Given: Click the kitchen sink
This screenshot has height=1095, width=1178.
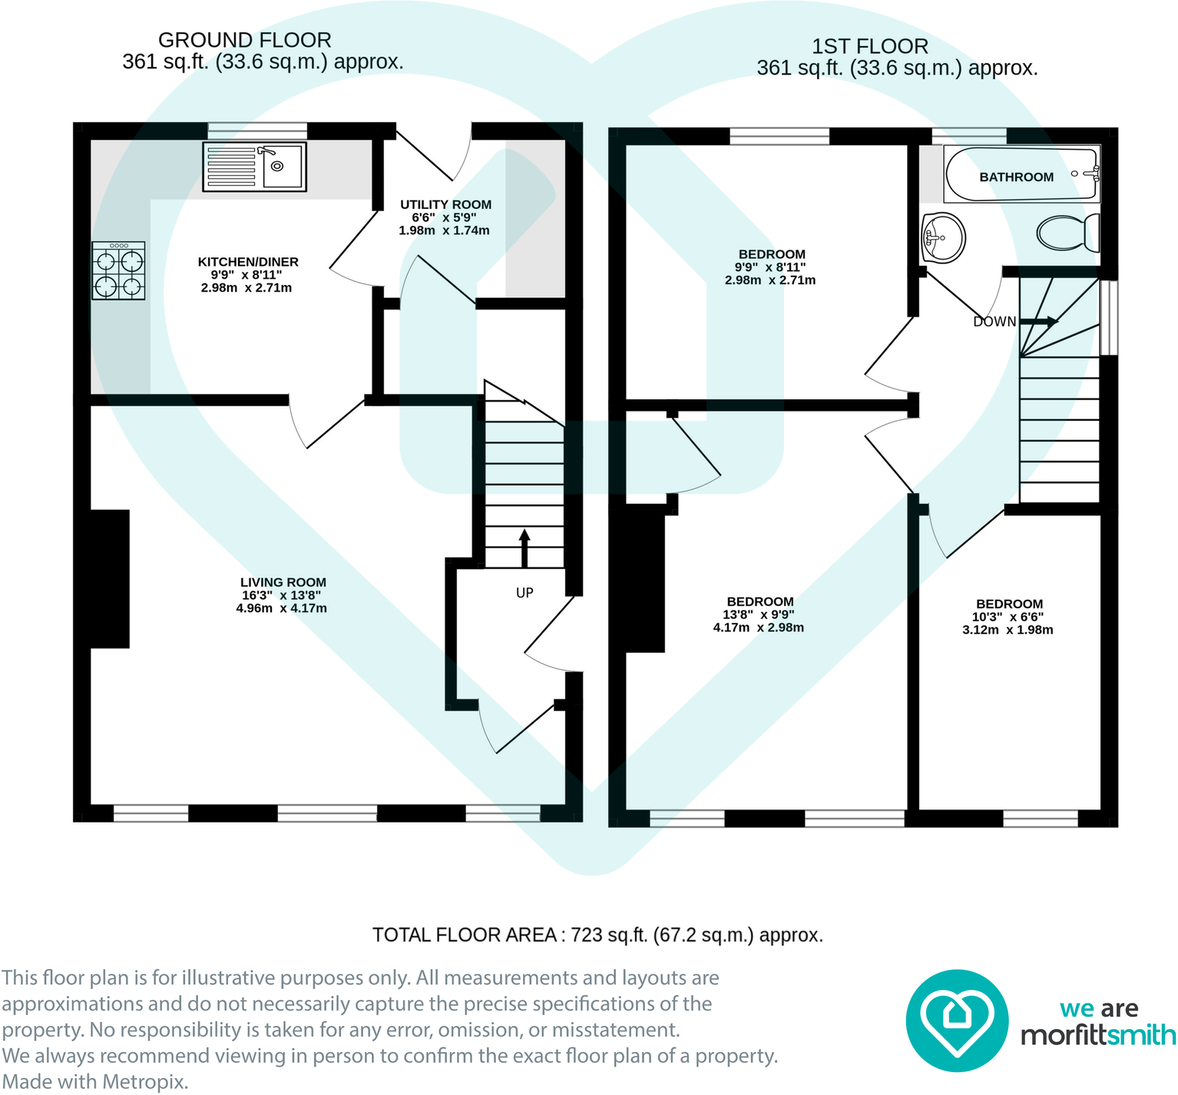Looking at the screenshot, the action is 255,167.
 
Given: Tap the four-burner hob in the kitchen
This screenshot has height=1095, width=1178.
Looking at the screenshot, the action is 119,271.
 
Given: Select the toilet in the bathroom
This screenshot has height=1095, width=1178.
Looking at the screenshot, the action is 1068,232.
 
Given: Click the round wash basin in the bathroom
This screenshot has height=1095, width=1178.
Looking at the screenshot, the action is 942,237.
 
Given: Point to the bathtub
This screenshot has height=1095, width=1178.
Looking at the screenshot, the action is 1021,174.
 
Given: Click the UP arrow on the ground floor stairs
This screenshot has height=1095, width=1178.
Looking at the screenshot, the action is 524,547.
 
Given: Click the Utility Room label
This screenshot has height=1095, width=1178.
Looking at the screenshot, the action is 445,205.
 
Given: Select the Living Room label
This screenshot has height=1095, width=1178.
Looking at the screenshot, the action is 283,583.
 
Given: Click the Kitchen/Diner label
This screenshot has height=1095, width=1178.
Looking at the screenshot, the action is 248,263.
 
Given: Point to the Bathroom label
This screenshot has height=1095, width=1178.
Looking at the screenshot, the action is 1016,177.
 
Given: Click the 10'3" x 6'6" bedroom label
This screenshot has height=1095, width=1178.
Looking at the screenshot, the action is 1009,617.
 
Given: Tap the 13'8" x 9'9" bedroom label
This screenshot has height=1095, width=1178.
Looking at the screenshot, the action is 759,614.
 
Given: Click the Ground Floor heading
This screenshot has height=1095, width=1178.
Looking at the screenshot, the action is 245,40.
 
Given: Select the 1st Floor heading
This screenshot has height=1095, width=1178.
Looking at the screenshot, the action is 870,46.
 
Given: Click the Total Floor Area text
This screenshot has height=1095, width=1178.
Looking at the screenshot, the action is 597,935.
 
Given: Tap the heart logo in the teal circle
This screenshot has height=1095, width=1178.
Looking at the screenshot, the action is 956,1021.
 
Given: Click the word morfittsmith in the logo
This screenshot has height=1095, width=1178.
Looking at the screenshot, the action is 1097,1036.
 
